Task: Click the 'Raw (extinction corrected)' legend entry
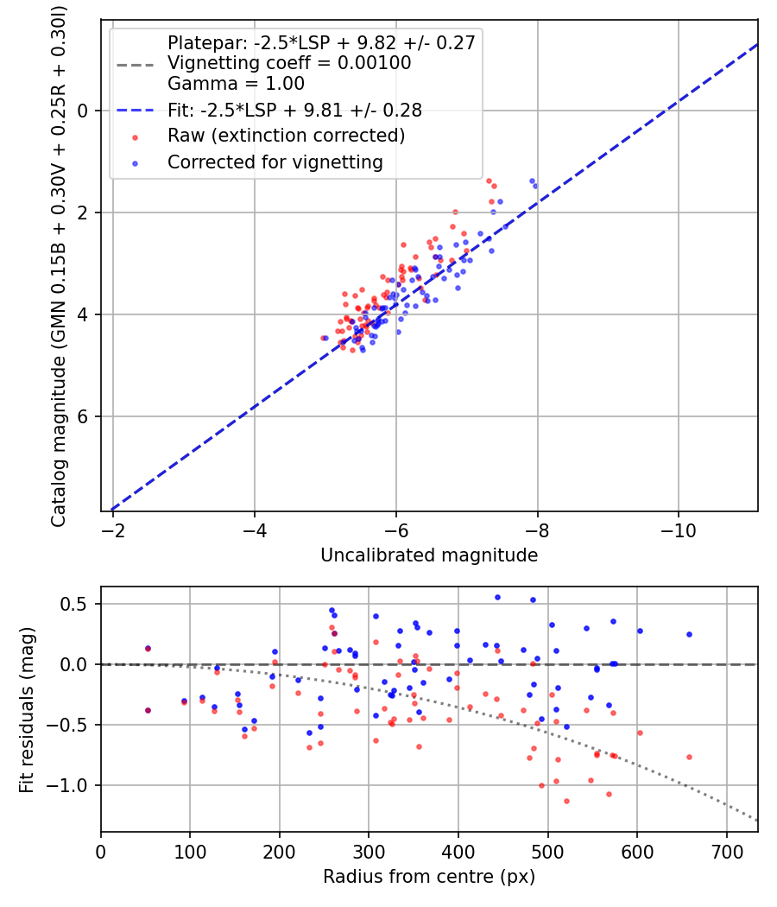point(286,136)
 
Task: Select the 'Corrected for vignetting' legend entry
point(275,162)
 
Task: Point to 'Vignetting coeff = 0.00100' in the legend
point(289,63)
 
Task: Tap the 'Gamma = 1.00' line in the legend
point(236,84)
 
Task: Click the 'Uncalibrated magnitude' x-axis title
point(429,555)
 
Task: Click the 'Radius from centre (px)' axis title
point(429,877)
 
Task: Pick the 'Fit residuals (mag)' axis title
point(27,708)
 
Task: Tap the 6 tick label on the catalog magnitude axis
point(84,416)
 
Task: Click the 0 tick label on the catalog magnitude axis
point(84,111)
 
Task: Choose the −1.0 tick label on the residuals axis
point(73,785)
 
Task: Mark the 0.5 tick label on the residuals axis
point(78,604)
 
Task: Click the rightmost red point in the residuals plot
point(689,757)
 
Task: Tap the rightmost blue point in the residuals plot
point(689,634)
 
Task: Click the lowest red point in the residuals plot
point(566,801)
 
